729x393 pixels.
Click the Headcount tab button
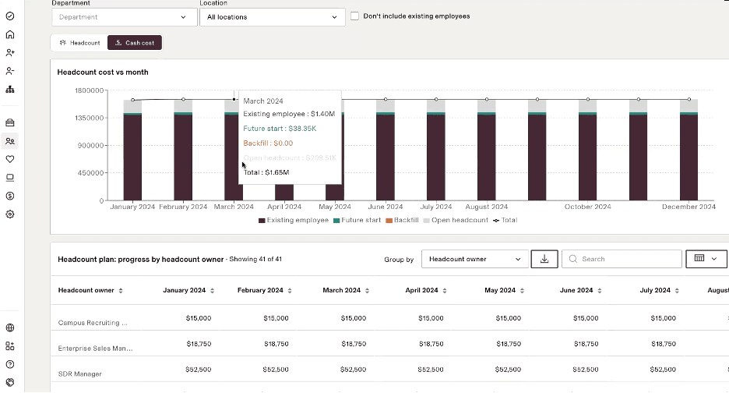tap(80, 43)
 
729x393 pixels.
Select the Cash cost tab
tap(135, 43)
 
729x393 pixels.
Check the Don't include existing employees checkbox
tap(354, 16)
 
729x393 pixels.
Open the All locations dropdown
tap(272, 16)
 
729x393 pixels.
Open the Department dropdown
tap(124, 16)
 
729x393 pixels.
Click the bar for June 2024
tap(386, 156)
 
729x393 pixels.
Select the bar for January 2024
tap(132, 156)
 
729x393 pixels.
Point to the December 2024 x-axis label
tap(688, 207)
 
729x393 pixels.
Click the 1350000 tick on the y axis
tap(90, 118)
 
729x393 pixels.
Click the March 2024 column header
tap(342, 290)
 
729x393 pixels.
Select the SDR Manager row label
tap(80, 374)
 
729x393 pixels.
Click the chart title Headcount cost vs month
tap(103, 72)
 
